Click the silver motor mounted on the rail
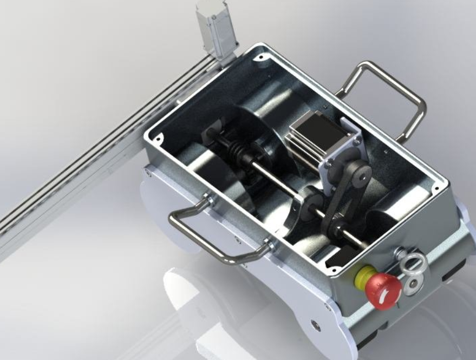[x=220, y=30]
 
